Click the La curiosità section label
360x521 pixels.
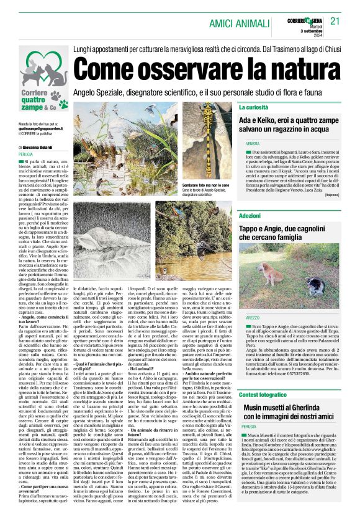click(x=253, y=107)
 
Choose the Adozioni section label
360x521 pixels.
click(x=250, y=216)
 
